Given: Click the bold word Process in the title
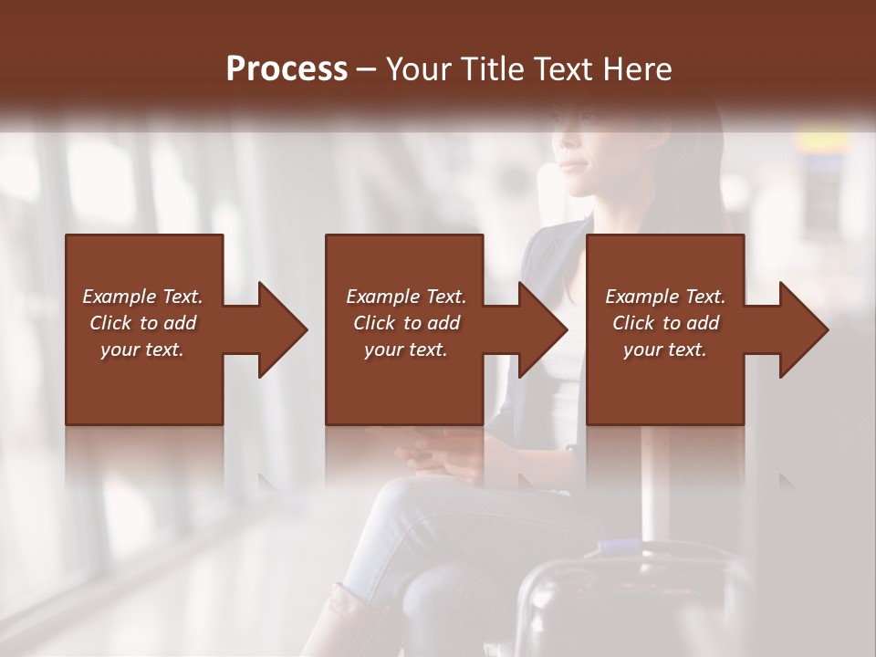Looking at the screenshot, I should tap(287, 68).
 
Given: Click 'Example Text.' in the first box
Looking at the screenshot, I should tap(142, 297).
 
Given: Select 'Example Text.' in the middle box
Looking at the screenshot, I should tap(406, 297).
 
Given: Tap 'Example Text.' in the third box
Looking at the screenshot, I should tap(665, 297).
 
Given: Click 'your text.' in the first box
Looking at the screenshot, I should tap(142, 349).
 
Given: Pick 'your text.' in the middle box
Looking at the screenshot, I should tap(406, 349).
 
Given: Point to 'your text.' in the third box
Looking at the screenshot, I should tap(665, 349).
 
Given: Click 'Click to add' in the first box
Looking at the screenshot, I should tap(142, 323).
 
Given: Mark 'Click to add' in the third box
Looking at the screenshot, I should tap(665, 323).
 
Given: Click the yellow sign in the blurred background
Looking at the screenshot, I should tap(820, 141).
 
